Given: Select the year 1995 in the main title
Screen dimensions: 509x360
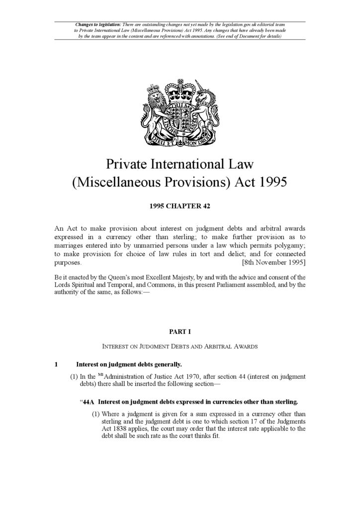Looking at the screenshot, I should coord(272,182).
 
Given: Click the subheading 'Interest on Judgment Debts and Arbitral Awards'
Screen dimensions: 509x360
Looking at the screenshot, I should coord(180,346).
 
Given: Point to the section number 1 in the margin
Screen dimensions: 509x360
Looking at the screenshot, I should coord(56,364).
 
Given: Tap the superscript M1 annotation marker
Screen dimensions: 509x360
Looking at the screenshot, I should coord(100,375).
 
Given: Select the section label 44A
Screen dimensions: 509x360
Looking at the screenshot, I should coord(90,402).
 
